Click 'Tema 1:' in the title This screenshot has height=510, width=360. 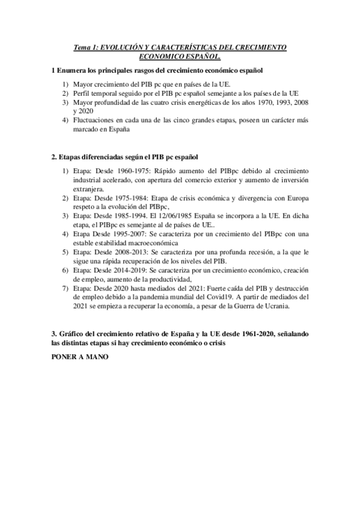tap(85, 46)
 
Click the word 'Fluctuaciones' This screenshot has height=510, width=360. tap(96, 120)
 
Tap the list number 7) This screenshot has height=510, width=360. tap(66, 289)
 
